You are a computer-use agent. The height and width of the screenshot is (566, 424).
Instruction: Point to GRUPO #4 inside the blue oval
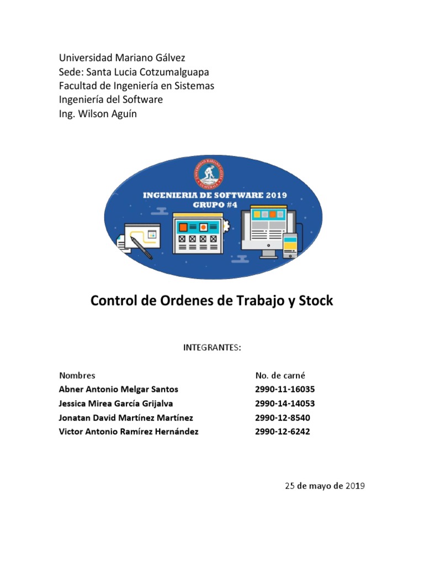click(x=211, y=203)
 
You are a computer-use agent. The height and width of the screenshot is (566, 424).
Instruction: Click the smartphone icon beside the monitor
click(x=290, y=245)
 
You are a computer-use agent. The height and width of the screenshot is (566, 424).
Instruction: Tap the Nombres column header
click(x=77, y=375)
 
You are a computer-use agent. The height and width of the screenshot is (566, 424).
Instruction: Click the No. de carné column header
click(x=280, y=375)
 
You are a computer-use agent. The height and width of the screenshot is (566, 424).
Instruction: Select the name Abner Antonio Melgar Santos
click(x=119, y=389)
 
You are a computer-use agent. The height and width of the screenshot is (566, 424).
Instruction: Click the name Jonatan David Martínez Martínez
click(x=126, y=417)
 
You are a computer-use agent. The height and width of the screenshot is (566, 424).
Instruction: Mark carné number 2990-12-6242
click(x=283, y=432)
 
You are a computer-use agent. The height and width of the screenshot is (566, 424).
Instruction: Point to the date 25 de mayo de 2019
click(x=325, y=486)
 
